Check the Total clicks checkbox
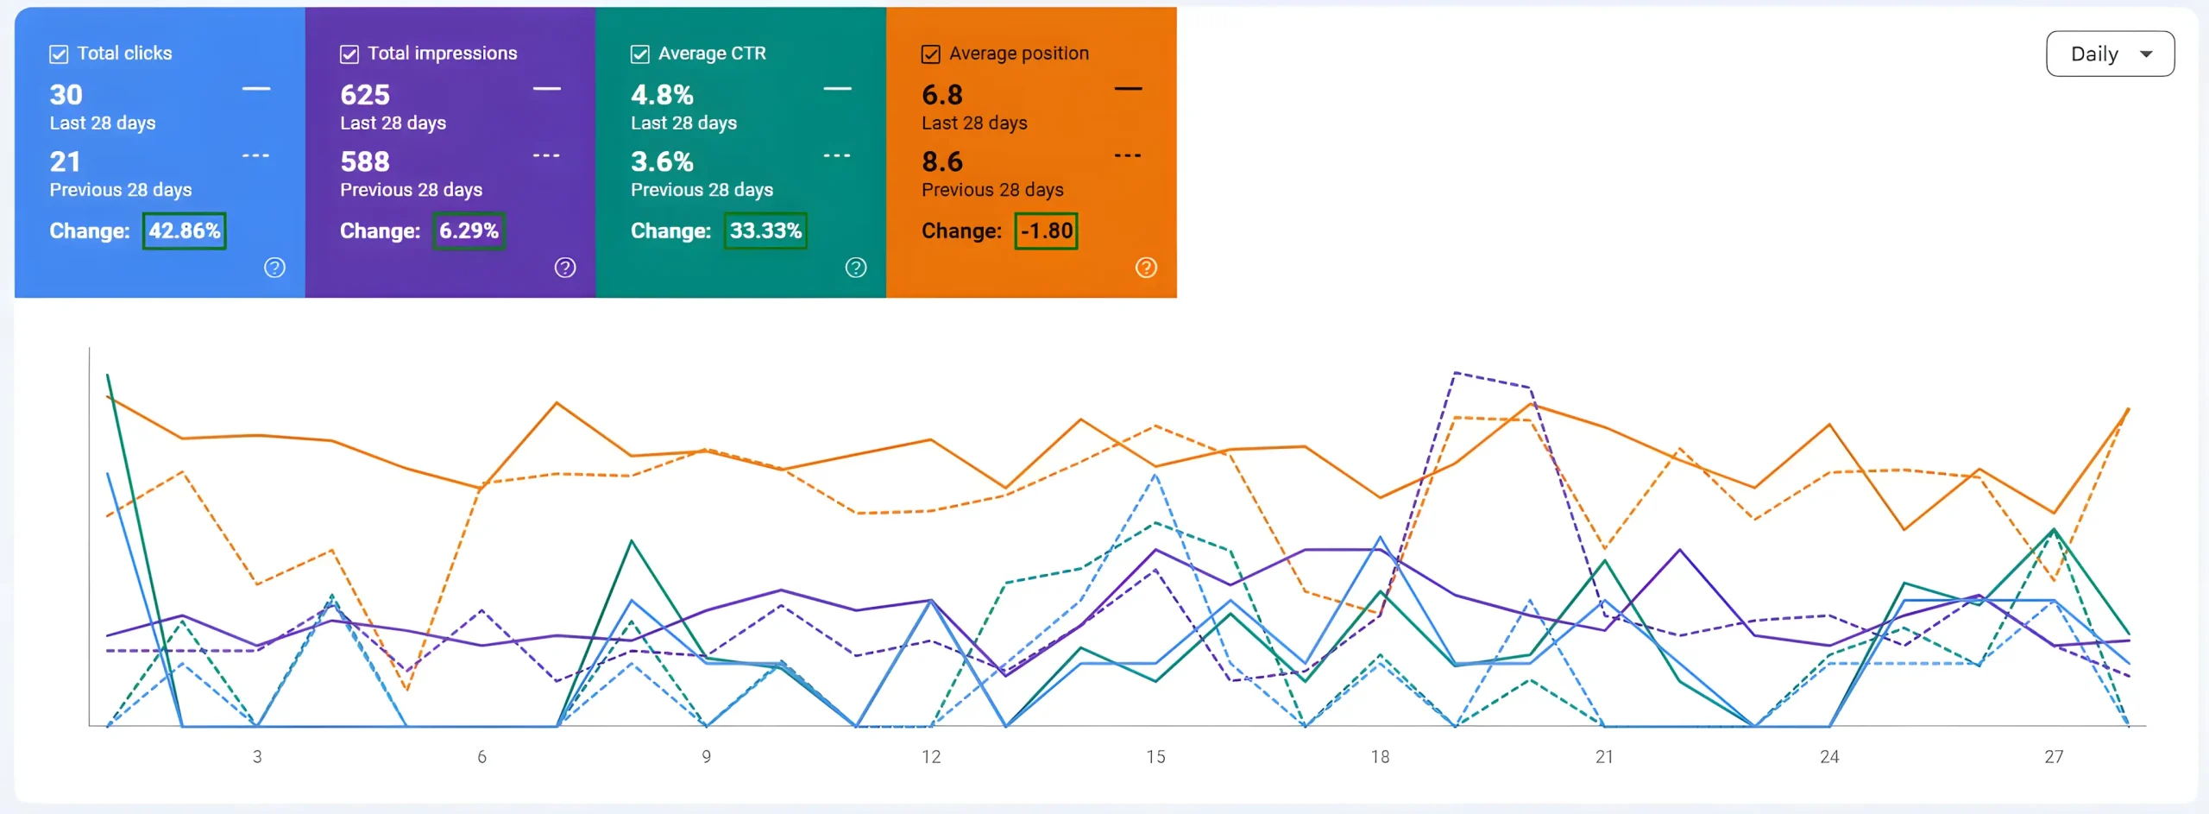(x=59, y=54)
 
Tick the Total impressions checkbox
(x=349, y=54)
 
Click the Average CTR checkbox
(x=640, y=54)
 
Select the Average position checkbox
(x=931, y=54)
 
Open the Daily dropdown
(x=2110, y=54)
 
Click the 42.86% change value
(x=185, y=230)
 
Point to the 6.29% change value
(x=469, y=230)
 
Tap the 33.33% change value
(x=765, y=230)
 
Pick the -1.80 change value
(x=1047, y=230)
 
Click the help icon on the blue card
(x=274, y=268)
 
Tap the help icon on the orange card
(x=1146, y=268)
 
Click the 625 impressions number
(x=365, y=94)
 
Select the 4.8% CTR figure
(x=662, y=94)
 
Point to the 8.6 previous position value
(x=942, y=161)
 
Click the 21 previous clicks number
(x=66, y=161)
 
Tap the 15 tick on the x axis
(x=1155, y=757)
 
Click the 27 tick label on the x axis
(x=2054, y=757)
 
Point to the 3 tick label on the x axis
(x=257, y=757)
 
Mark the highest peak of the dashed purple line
(x=1455, y=373)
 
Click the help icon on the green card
(x=856, y=268)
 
